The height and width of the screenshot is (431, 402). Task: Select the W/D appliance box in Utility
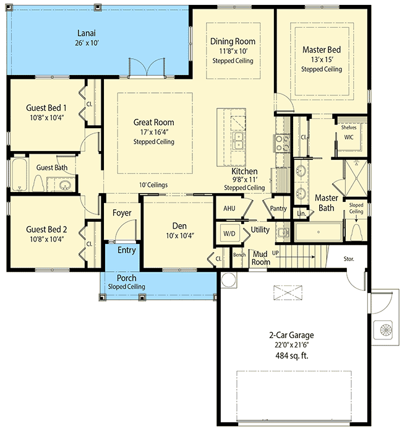point(228,233)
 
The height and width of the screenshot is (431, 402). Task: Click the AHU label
point(228,209)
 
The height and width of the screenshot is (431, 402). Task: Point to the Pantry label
point(278,209)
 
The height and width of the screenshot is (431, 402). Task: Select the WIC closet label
point(348,138)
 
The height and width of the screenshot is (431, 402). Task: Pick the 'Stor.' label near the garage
point(349,259)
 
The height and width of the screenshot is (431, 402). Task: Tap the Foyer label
point(122,213)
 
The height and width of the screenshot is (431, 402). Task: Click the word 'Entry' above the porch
point(126,250)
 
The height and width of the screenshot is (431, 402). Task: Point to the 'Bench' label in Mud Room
point(240,255)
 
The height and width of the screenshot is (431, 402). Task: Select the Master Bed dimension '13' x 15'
point(321,59)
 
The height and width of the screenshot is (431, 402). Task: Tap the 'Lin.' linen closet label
point(301,214)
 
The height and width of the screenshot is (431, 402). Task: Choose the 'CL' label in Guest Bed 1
point(89,104)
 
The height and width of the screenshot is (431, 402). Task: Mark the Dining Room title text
point(233,41)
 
